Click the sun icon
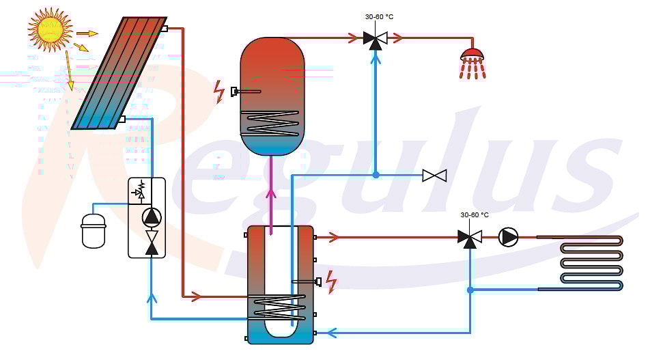[49, 29]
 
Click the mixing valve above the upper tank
[374, 39]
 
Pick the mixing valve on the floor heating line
[469, 237]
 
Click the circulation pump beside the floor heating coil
[509, 236]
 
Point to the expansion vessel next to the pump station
[94, 230]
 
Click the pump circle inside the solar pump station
[151, 217]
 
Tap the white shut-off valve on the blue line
[434, 176]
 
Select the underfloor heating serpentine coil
[591, 263]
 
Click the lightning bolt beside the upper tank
[219, 92]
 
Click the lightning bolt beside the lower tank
[332, 281]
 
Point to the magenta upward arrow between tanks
[271, 195]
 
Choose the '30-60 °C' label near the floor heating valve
[475, 214]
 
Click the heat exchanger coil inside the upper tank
[272, 123]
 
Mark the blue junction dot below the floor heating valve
[470, 290]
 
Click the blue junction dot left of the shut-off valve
[376, 175]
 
